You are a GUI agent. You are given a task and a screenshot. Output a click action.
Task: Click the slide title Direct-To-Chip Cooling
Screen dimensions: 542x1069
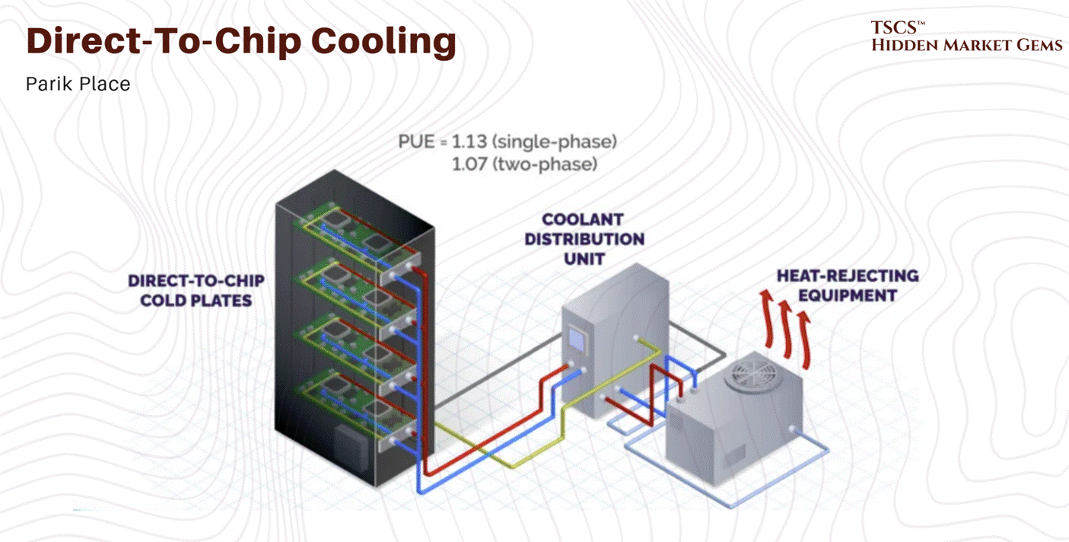240,42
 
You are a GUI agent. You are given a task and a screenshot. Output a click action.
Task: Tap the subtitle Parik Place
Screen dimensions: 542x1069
78,84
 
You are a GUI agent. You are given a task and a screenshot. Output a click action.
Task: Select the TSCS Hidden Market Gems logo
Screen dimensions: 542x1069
966,37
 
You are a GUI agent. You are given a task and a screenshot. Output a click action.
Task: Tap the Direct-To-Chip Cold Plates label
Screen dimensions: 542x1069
196,290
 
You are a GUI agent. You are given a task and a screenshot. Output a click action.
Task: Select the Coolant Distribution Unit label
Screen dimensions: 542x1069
593,239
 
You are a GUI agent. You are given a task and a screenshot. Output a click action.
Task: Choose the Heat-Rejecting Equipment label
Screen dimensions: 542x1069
847,285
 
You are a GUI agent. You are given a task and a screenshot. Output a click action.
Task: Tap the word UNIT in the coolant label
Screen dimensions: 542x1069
584,258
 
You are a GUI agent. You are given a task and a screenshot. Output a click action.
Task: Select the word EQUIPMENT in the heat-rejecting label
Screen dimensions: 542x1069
847,295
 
